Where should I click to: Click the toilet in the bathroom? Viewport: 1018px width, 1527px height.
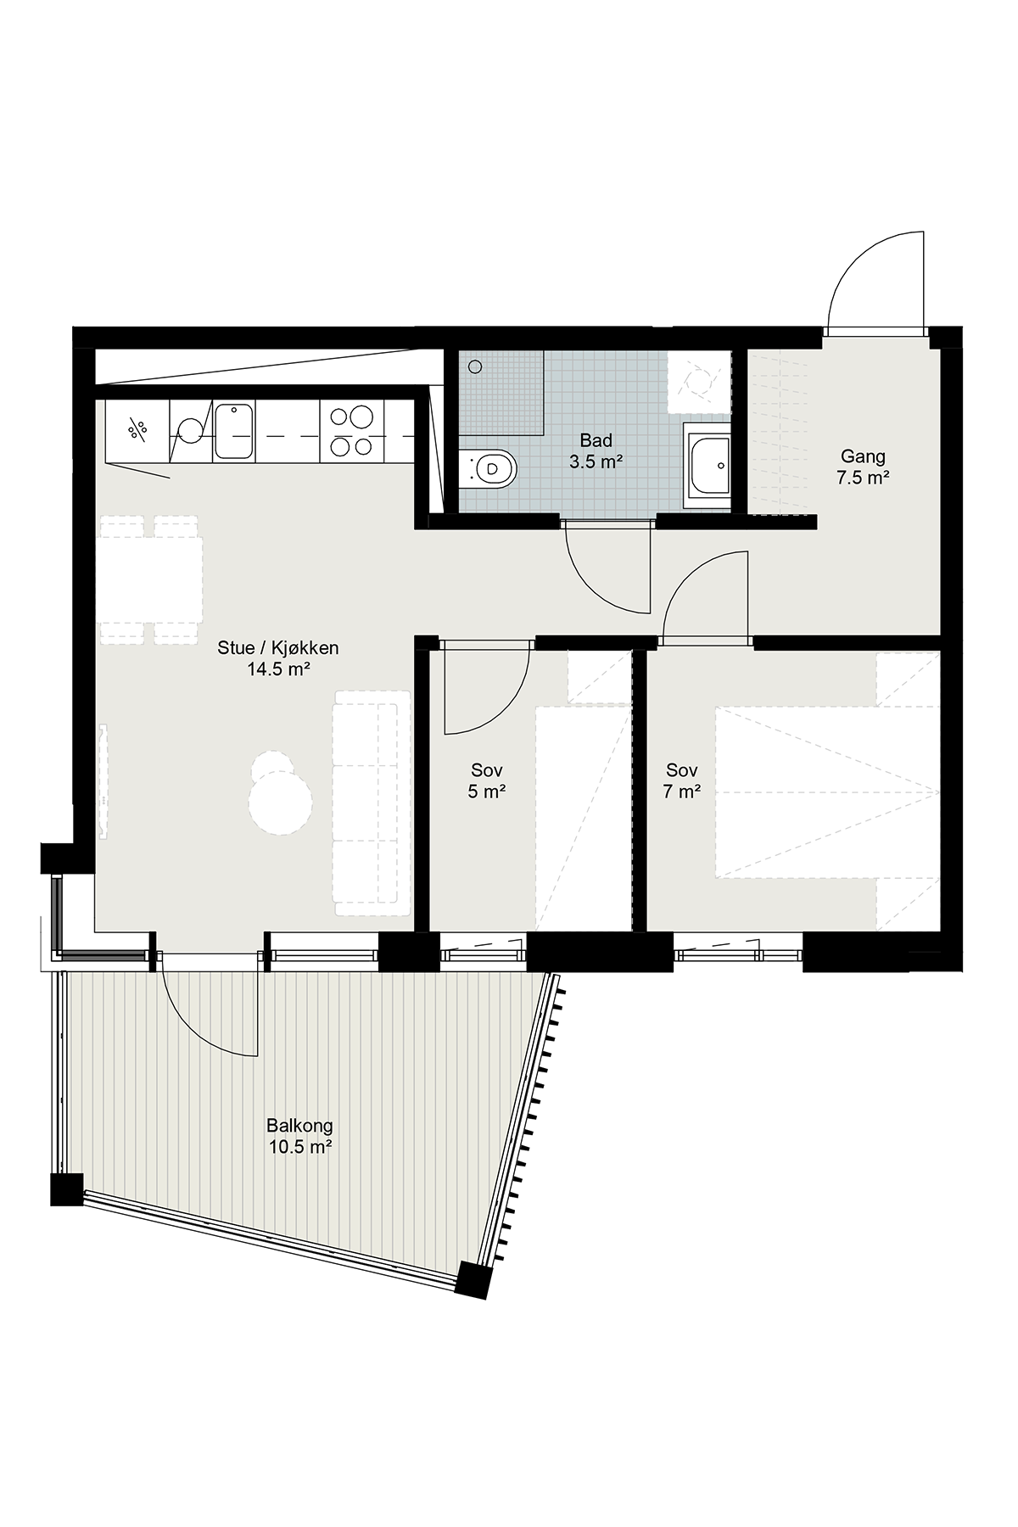point(488,468)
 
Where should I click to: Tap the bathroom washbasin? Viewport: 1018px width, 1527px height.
point(708,465)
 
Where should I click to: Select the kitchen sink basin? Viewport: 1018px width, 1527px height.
point(234,431)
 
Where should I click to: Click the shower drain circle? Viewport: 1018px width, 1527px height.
point(475,366)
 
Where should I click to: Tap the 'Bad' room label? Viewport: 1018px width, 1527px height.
point(596,441)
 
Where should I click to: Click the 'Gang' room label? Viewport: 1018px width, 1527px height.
point(863,457)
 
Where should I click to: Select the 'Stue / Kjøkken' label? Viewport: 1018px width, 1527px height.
point(278,648)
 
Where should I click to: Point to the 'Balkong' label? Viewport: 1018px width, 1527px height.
point(299,1127)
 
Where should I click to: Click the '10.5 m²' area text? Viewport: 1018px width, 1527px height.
point(299,1148)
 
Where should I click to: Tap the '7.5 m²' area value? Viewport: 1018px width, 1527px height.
point(863,478)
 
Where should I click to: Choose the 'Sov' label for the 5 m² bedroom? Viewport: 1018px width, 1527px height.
point(487,770)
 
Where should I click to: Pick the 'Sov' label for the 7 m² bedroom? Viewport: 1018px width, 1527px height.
point(682,770)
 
